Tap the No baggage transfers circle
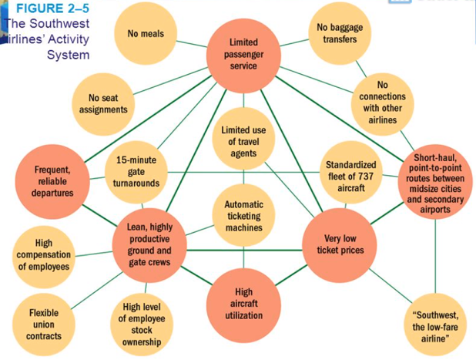pos(340,32)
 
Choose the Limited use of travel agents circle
pos(243,141)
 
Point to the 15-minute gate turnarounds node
pos(136,171)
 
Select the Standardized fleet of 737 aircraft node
pos(350,171)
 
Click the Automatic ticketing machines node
pos(243,216)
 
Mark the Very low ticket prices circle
pos(339,244)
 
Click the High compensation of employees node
pos(44,254)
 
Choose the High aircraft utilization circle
pos(243,304)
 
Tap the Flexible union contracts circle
pos(44,325)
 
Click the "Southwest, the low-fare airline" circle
pos(435,324)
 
